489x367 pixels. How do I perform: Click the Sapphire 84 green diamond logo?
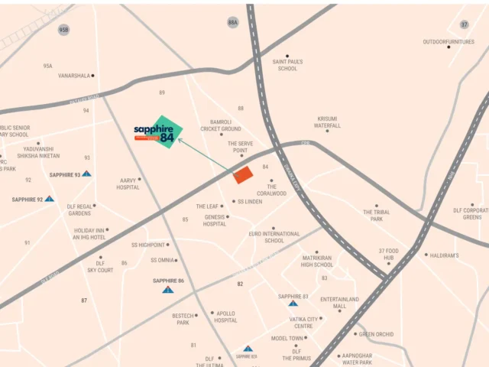tap(166, 132)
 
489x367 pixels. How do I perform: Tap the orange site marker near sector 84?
tap(242, 175)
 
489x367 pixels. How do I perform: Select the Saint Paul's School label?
tap(287, 64)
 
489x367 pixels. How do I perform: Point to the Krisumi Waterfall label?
tap(328, 122)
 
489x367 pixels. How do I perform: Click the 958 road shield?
tap(63, 29)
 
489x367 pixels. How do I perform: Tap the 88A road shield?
tap(232, 23)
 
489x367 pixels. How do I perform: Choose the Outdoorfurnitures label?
tap(449, 42)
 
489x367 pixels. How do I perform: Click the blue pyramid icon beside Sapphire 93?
tap(87, 174)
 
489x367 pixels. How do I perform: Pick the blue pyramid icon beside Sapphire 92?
tap(49, 199)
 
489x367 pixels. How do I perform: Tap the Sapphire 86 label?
tap(168, 281)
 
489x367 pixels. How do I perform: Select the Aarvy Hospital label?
tap(128, 183)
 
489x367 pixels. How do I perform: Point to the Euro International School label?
tap(274, 237)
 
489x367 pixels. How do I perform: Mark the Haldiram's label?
tap(444, 255)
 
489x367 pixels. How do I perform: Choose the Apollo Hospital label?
tap(225, 317)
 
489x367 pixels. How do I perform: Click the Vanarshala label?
tap(74, 76)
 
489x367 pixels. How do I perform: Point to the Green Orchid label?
tap(375, 334)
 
